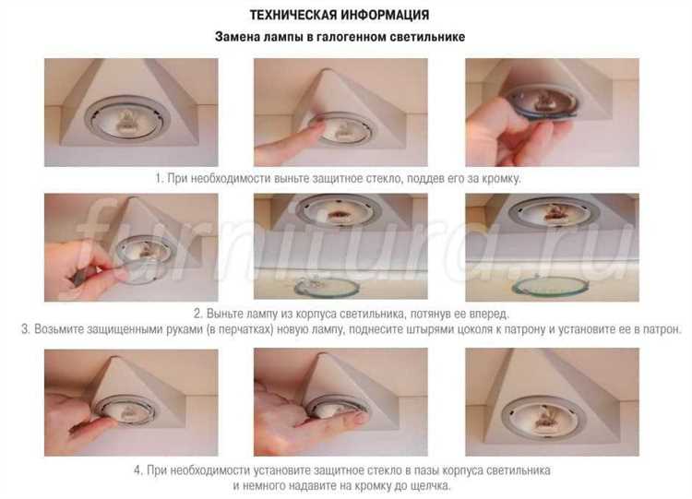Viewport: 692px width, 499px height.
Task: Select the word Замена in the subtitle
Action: point(237,37)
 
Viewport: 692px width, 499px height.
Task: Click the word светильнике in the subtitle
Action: point(427,37)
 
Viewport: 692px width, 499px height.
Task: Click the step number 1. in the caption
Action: point(160,178)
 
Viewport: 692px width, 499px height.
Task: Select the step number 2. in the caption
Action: point(198,314)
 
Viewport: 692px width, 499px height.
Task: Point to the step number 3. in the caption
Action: point(26,329)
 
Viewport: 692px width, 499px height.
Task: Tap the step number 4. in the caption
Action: point(138,470)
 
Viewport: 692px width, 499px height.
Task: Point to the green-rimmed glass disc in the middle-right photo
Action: point(550,287)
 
